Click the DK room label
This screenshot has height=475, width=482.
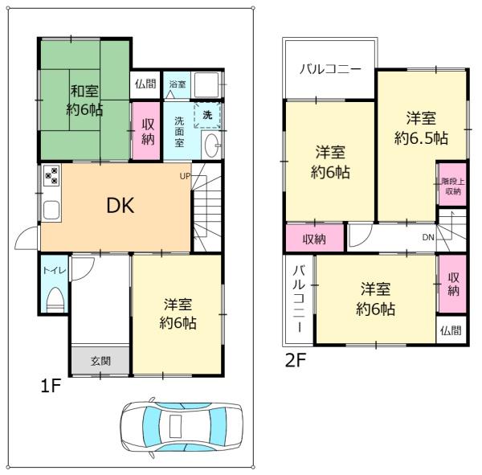click(120, 205)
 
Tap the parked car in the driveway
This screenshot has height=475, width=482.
click(181, 428)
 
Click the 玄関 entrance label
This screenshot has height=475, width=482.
click(100, 361)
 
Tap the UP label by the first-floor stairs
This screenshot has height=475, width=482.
click(184, 175)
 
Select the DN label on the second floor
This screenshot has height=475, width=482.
click(428, 238)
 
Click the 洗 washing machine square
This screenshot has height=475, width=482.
click(207, 116)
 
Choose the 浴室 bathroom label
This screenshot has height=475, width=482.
click(177, 84)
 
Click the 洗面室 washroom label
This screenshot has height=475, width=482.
click(179, 132)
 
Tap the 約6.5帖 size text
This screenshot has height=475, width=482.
click(421, 137)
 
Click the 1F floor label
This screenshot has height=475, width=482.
click(51, 387)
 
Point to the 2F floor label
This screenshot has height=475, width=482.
click(296, 361)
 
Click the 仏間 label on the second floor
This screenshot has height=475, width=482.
click(451, 330)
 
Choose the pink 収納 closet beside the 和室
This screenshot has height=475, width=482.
click(149, 131)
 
